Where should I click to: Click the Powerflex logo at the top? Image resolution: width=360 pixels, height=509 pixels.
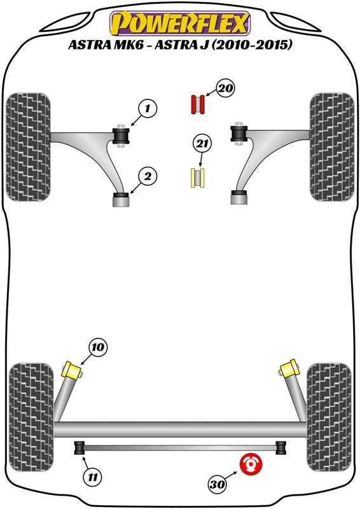click(180, 24)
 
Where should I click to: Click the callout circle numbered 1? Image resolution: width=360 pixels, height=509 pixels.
click(148, 108)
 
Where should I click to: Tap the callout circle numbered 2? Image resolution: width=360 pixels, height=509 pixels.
click(148, 177)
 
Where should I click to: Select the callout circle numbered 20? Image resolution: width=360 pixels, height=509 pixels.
click(226, 88)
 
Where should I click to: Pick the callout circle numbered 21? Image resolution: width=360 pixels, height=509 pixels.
click(202, 144)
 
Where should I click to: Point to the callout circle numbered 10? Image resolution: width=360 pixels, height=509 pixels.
click(98, 347)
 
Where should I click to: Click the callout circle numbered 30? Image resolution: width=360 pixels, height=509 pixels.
click(217, 485)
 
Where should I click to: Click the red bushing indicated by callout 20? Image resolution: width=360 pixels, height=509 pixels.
click(197, 104)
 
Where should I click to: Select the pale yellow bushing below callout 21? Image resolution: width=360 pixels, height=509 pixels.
click(197, 178)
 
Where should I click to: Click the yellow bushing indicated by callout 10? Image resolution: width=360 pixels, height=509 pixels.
click(72, 370)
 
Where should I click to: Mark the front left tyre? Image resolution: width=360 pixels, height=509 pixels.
click(29, 147)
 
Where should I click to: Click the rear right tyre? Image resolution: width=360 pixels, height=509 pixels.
click(329, 417)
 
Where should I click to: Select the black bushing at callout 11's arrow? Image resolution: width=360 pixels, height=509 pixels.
click(80, 448)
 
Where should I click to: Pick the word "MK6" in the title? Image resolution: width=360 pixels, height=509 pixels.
click(127, 45)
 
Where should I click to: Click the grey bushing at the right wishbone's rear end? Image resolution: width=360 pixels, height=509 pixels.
click(239, 198)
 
